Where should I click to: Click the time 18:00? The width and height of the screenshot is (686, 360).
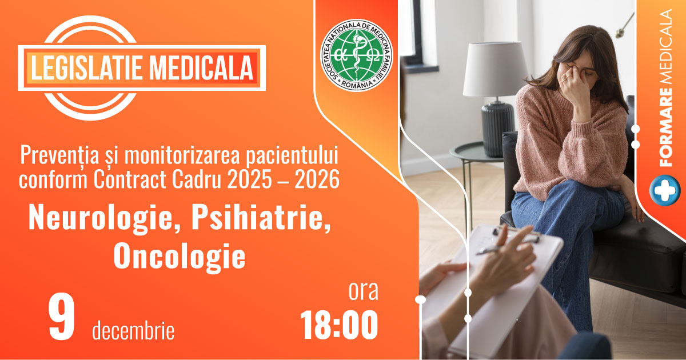pyautogui.click(x=340, y=325)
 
